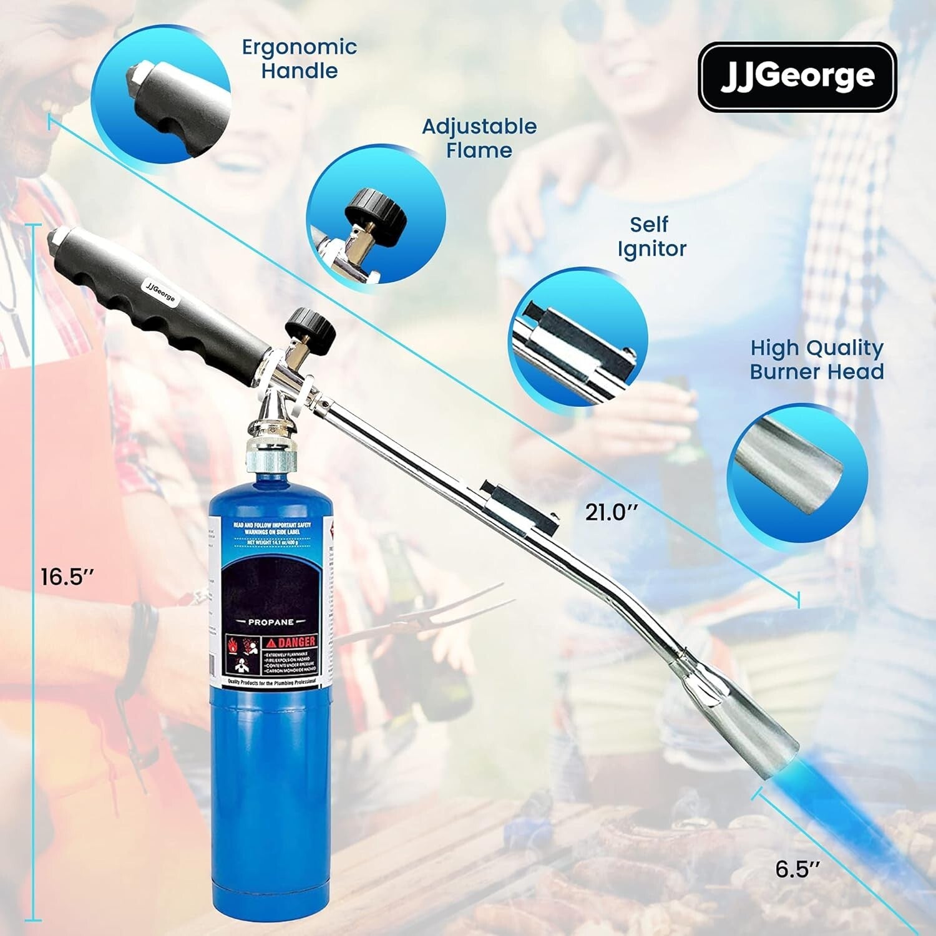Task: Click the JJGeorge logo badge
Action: click(x=797, y=77)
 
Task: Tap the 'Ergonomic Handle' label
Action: click(x=300, y=59)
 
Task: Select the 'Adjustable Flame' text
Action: click(x=479, y=138)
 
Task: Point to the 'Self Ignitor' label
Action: click(x=651, y=236)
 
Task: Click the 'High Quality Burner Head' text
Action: click(x=817, y=359)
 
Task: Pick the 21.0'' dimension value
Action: click(x=612, y=512)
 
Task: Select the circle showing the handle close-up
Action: click(x=160, y=96)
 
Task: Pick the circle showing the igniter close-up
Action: click(x=578, y=337)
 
